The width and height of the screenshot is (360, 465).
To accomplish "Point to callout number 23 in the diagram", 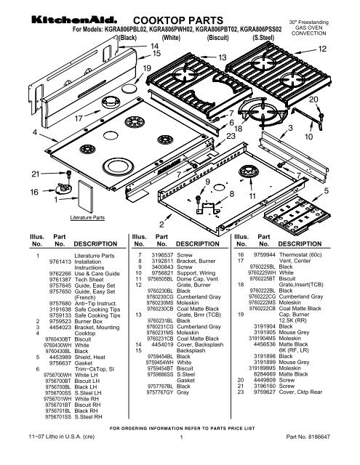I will (231, 137).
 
